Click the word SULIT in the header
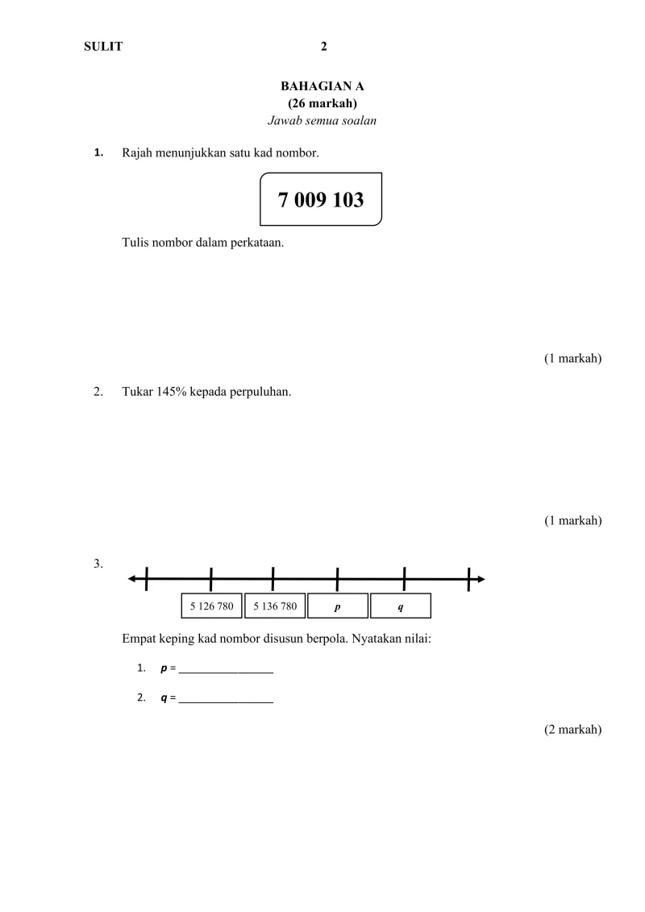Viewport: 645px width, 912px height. tap(103, 47)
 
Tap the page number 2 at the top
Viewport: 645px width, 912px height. tap(324, 47)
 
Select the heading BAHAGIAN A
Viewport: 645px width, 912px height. tap(322, 85)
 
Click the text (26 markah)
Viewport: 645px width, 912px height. tap(322, 103)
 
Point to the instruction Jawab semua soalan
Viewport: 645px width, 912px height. tap(322, 121)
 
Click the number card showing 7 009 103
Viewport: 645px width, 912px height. tap(321, 199)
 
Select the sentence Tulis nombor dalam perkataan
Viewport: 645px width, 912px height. tap(202, 242)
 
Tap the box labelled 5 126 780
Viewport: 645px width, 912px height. tap(211, 606)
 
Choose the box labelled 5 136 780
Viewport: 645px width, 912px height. tap(275, 606)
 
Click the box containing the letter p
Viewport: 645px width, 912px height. tap(337, 606)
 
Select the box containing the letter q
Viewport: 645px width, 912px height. tap(401, 606)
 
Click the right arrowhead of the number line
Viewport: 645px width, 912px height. tap(481, 579)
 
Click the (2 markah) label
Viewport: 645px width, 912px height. tap(572, 730)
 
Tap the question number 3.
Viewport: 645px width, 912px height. tap(98, 564)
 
